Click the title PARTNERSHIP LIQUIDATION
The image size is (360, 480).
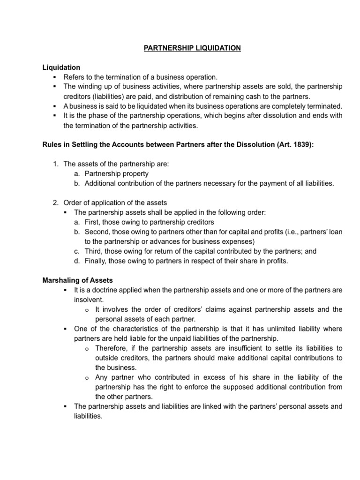pyautogui.click(x=180, y=48)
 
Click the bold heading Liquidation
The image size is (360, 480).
pyautogui.click(x=61, y=67)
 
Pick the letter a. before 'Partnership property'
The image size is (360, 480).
pyautogui.click(x=76, y=174)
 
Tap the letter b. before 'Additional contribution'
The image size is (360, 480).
pyautogui.click(x=76, y=183)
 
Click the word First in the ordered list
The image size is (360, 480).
pyautogui.click(x=93, y=222)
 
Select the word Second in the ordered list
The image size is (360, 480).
pyautogui.click(x=97, y=232)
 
